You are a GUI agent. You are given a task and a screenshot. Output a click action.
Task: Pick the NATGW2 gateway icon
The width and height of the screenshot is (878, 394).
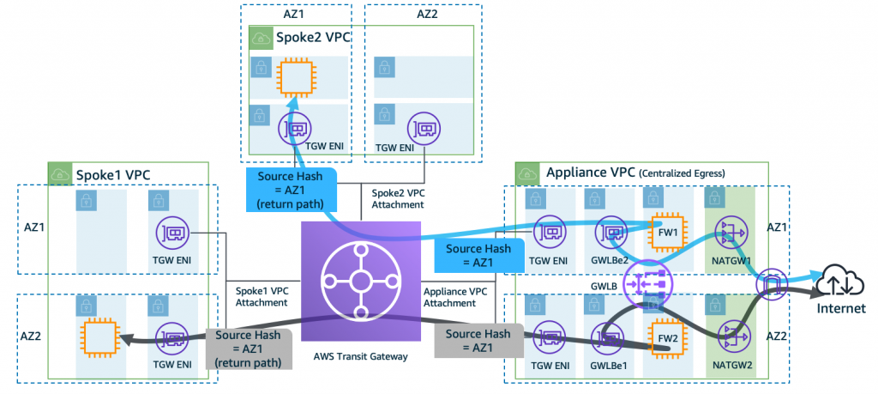[x=729, y=337]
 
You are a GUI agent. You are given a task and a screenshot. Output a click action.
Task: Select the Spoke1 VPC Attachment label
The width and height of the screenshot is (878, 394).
[x=261, y=298]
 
